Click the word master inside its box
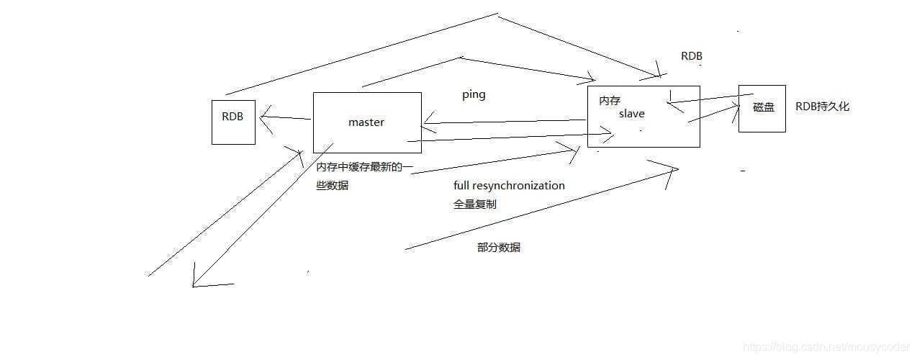pos(366,122)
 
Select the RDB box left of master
pos(233,122)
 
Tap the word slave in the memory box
pos(632,114)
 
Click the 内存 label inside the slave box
pos(610,102)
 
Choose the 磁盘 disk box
pos(762,108)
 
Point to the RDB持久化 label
pos(822,107)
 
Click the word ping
pos(474,95)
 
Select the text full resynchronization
pos(509,186)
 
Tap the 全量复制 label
pos(474,204)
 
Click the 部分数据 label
pos(499,247)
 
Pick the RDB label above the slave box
pos(691,56)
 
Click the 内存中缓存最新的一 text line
pos(365,167)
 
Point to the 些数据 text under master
pos(332,185)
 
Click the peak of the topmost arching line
pos(497,13)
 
